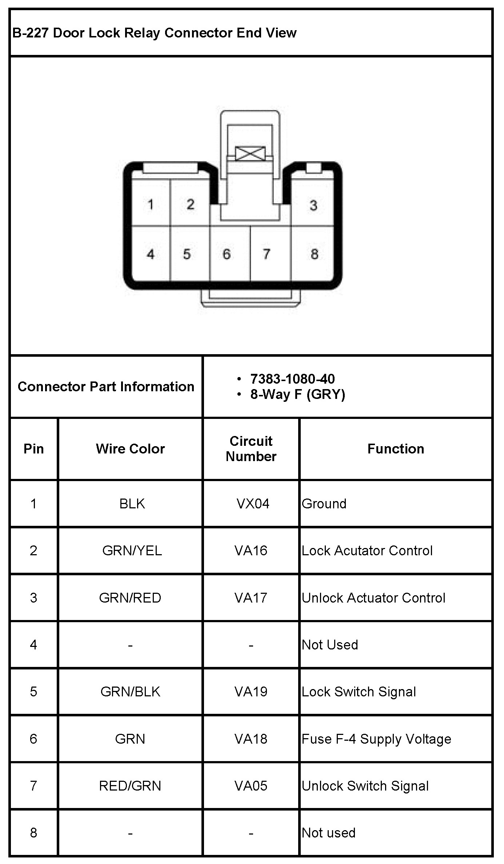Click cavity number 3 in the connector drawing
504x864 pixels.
point(313,205)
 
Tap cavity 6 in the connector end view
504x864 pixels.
point(227,254)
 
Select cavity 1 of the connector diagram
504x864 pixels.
point(150,205)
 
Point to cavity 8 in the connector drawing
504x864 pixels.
point(314,254)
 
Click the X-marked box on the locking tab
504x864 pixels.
point(250,153)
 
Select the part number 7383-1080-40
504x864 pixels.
point(292,379)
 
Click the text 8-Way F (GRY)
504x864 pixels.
point(297,394)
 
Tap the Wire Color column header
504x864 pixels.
point(130,449)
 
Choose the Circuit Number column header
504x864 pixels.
point(251,449)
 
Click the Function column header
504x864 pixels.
point(396,449)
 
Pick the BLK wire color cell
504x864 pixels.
point(132,504)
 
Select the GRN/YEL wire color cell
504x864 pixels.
point(132,551)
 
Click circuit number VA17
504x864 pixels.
point(251,598)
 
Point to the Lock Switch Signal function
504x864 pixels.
point(359,692)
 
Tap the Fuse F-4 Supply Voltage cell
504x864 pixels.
point(376,739)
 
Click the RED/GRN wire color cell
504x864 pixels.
point(130,786)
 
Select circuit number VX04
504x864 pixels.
point(253,504)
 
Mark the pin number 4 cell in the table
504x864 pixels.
point(33,645)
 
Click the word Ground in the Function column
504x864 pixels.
point(324,504)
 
